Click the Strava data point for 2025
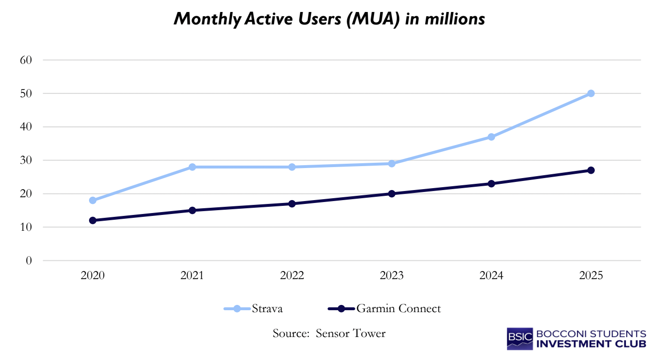[x=591, y=93]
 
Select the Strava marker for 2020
[x=92, y=201]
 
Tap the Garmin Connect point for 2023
[x=392, y=194]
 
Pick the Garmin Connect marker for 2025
[x=591, y=170]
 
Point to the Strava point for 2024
[x=491, y=137]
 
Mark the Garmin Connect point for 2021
[x=192, y=210]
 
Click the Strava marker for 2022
[x=292, y=167]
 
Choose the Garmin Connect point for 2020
[x=92, y=221]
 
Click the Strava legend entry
[x=254, y=309]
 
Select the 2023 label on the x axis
[x=392, y=275]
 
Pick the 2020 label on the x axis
[x=92, y=275]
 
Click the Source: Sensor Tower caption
[x=329, y=333]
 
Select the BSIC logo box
[x=520, y=338]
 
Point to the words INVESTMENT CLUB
[x=591, y=344]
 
